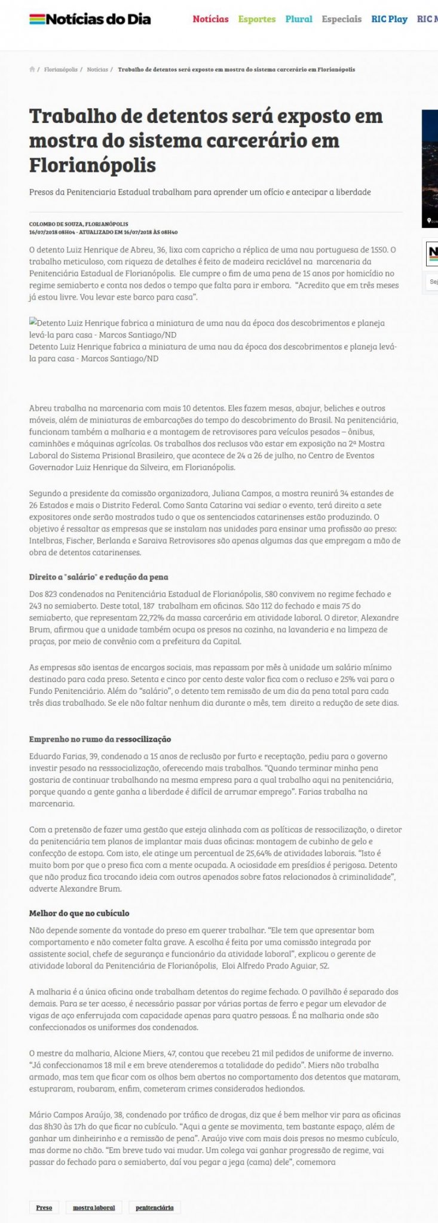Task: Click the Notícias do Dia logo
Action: pyautogui.click(x=90, y=20)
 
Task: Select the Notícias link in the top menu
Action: pyautogui.click(x=210, y=19)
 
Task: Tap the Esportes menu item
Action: pyautogui.click(x=257, y=19)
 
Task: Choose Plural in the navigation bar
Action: pyautogui.click(x=299, y=19)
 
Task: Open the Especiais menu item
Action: pyautogui.click(x=341, y=19)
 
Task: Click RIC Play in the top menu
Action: pyautogui.click(x=389, y=19)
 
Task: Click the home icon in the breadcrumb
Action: pyautogui.click(x=32, y=70)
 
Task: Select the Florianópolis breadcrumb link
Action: pyautogui.click(x=61, y=70)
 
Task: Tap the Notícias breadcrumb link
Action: pyautogui.click(x=97, y=70)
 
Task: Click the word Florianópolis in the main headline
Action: pyautogui.click(x=93, y=164)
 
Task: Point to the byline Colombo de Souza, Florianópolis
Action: pyautogui.click(x=78, y=224)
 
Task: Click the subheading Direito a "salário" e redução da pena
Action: pyautogui.click(x=99, y=577)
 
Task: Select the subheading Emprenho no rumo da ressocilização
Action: pyautogui.click(x=100, y=739)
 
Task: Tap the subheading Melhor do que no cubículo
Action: pyautogui.click(x=79, y=913)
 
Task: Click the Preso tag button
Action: pyautogui.click(x=44, y=1191)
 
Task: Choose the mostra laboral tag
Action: pyautogui.click(x=94, y=1191)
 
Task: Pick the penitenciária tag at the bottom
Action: pyautogui.click(x=154, y=1191)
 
